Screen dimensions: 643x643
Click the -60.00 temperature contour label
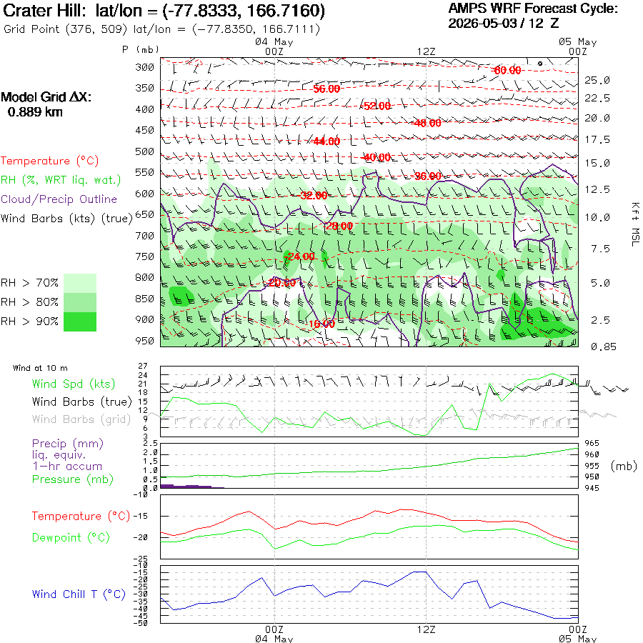507,71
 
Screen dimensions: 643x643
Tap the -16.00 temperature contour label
321,324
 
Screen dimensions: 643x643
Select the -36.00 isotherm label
428,176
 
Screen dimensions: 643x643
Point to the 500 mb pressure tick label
145,151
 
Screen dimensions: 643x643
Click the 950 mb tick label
145,341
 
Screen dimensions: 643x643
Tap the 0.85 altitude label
603,347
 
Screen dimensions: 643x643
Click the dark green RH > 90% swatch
80,321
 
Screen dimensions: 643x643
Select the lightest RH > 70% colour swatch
80,283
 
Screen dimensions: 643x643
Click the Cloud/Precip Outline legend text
59,199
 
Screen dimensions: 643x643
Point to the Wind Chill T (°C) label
79,594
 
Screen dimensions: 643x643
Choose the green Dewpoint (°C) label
71,537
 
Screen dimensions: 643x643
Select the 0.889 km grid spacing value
35,112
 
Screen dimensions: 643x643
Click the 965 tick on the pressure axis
592,443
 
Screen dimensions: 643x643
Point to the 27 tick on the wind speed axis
143,366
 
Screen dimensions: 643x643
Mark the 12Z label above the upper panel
426,51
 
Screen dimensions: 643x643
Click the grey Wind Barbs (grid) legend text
81,419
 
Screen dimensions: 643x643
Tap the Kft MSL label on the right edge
635,224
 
